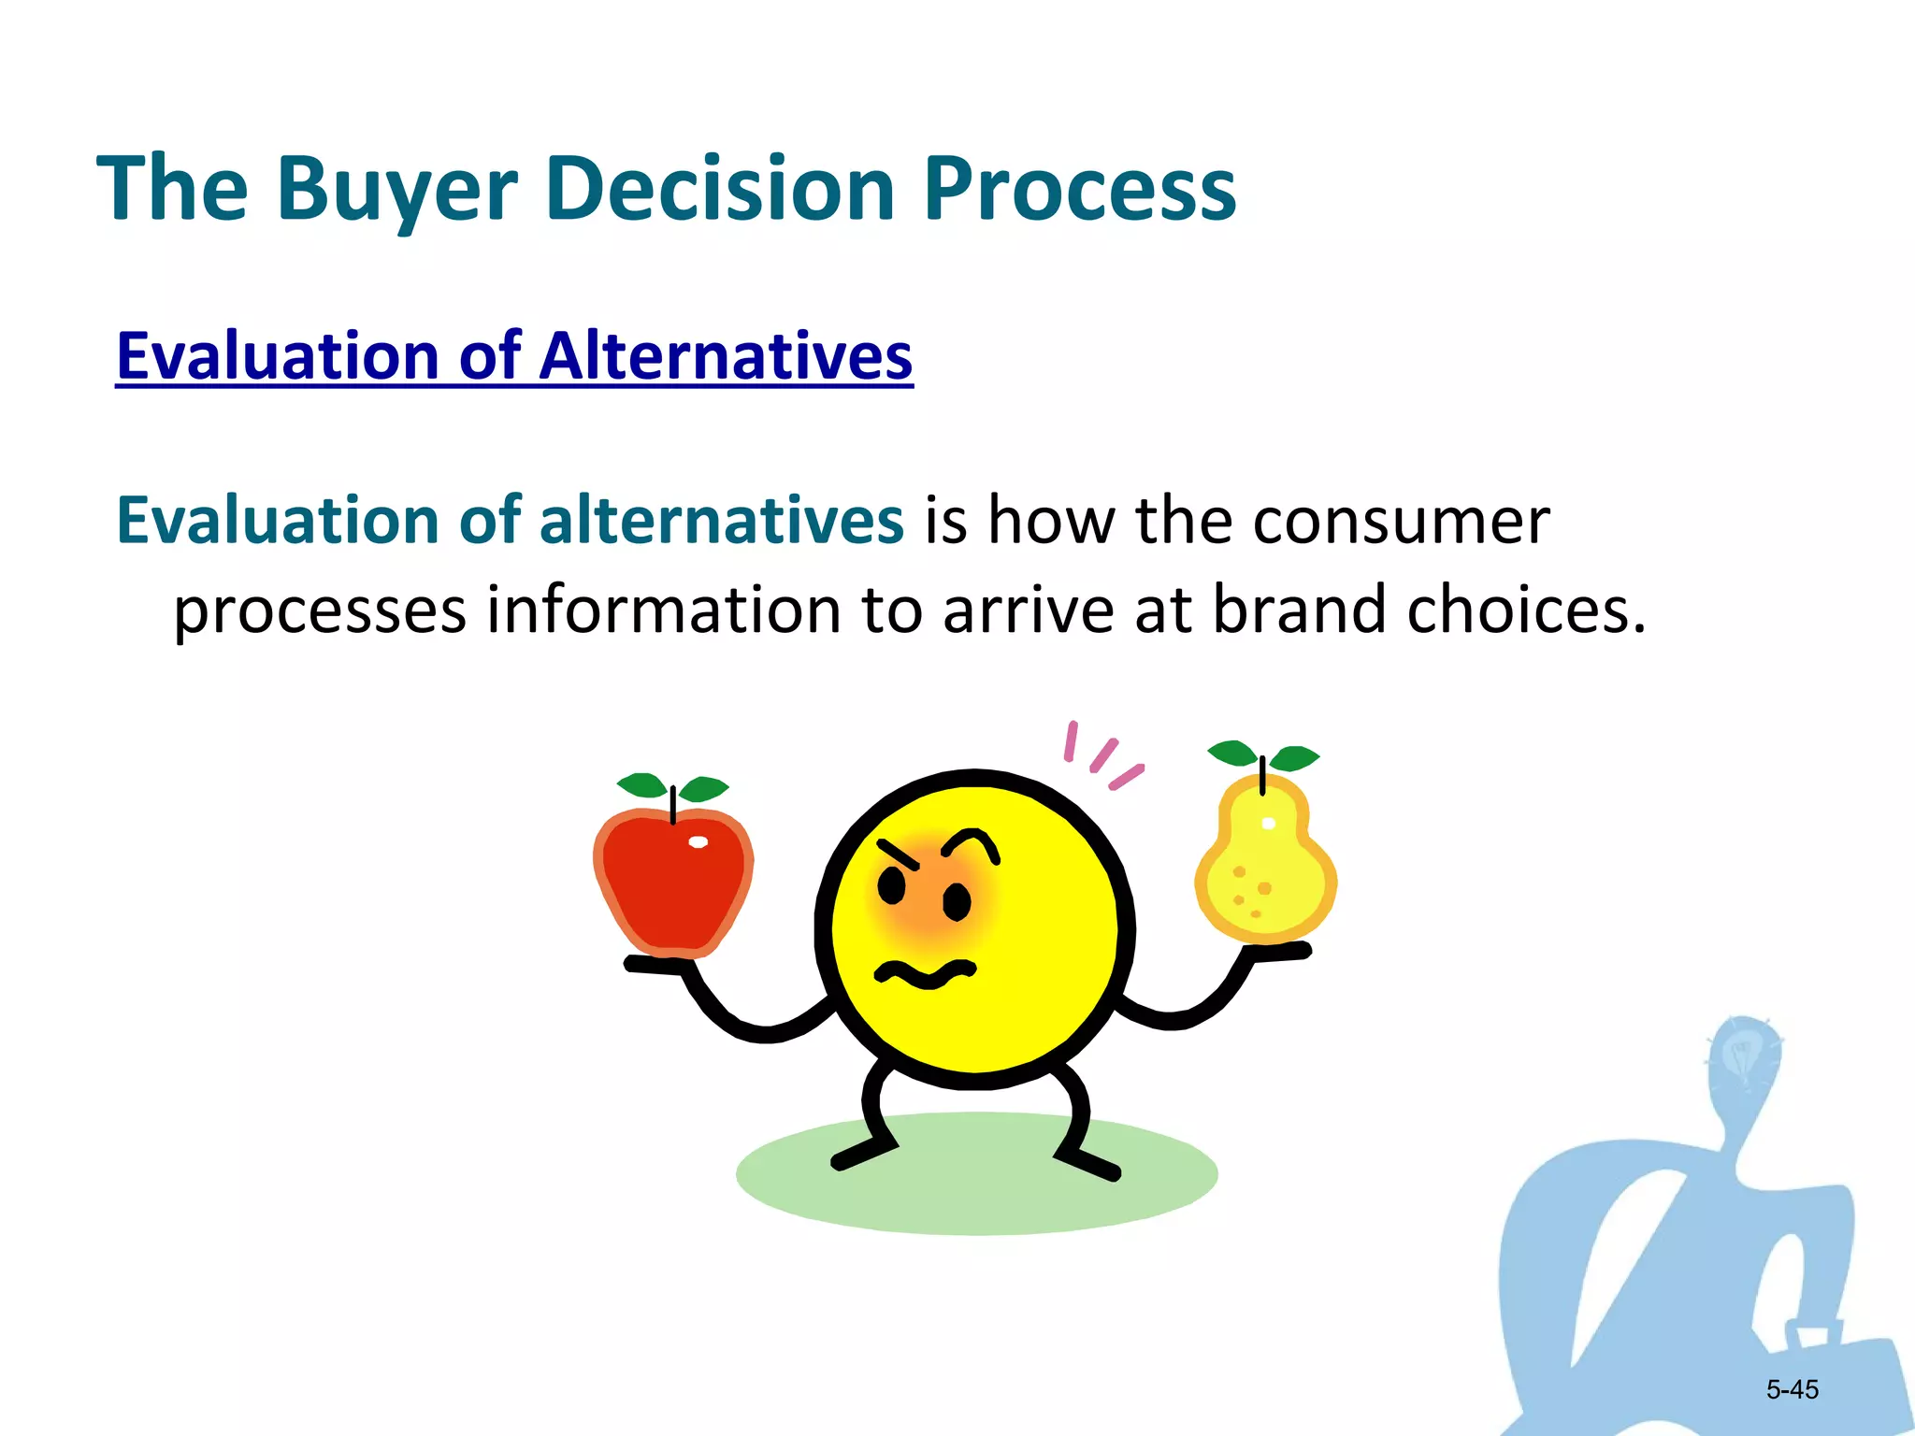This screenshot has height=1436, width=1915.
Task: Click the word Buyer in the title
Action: pos(396,190)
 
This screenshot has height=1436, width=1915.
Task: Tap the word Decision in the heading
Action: pos(720,190)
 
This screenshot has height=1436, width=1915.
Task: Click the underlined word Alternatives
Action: pos(726,356)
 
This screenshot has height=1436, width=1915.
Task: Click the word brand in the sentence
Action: pos(1299,610)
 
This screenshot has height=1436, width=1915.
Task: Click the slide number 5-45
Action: pos(1792,1389)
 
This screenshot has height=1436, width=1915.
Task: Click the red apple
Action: pos(673,883)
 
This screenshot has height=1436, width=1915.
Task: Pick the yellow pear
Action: pos(1265,869)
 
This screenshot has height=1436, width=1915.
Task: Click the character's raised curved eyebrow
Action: pos(972,841)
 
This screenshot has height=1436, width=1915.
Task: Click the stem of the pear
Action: pos(1262,775)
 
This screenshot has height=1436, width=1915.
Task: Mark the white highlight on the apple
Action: pos(698,842)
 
